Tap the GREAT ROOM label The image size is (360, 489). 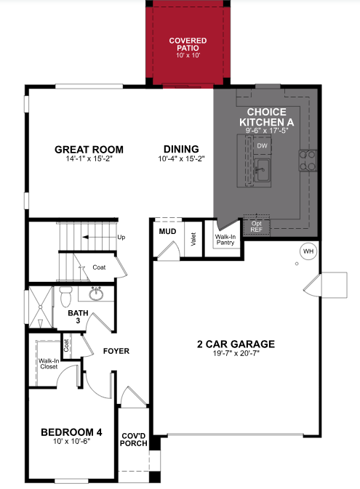click(89, 150)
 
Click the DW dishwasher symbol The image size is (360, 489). click(262, 146)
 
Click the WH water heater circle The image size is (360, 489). click(307, 251)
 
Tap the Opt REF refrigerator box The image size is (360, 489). click(256, 225)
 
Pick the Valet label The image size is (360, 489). click(193, 239)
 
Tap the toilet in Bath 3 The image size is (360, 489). click(65, 296)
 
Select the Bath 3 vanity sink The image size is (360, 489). click(96, 294)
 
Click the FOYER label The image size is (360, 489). click(116, 351)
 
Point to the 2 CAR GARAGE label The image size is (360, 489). click(234, 344)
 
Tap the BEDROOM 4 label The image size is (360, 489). click(71, 432)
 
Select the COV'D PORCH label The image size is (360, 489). click(135, 437)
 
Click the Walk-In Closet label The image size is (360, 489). click(49, 363)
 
